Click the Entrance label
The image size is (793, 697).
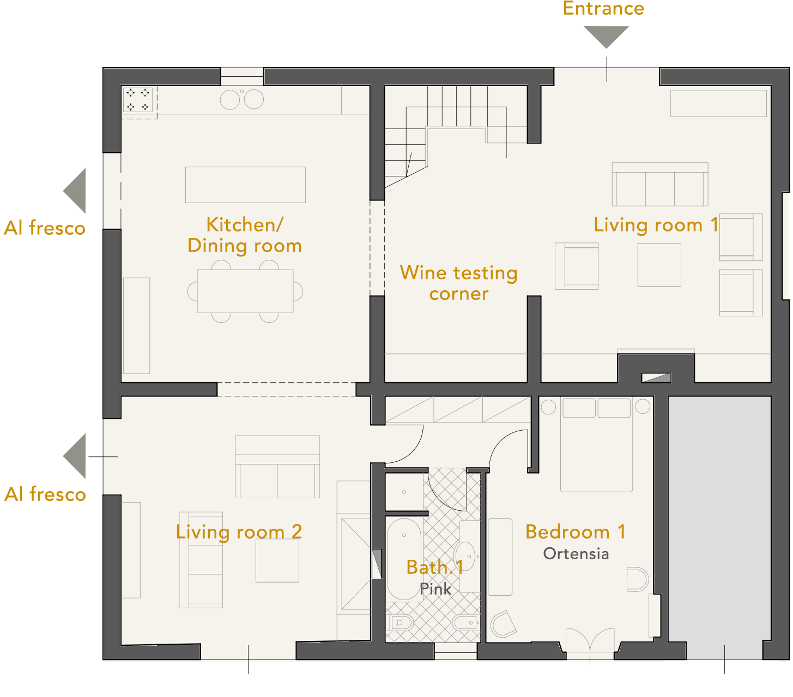(x=603, y=8)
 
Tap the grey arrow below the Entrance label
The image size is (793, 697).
(x=606, y=36)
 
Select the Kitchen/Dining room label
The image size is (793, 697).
(x=245, y=235)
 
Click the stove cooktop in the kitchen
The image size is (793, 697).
(x=138, y=100)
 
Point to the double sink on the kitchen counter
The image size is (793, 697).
(x=242, y=99)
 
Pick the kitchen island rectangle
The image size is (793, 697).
(x=245, y=185)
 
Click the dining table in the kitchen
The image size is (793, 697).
(x=245, y=291)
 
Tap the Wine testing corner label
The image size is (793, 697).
(x=459, y=283)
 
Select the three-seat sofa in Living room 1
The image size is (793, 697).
(x=660, y=184)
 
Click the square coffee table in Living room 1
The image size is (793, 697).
(x=659, y=265)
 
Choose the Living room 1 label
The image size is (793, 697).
(x=656, y=225)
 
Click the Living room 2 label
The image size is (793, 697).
(x=239, y=532)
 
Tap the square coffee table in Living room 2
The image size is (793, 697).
(x=277, y=560)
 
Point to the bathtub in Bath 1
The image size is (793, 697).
(x=404, y=559)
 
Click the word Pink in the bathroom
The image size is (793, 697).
(x=435, y=589)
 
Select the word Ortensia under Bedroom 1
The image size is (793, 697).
(x=576, y=553)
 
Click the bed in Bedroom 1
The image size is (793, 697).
(x=596, y=444)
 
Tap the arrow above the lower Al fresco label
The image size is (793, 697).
(x=74, y=456)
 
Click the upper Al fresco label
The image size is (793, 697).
(x=45, y=228)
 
